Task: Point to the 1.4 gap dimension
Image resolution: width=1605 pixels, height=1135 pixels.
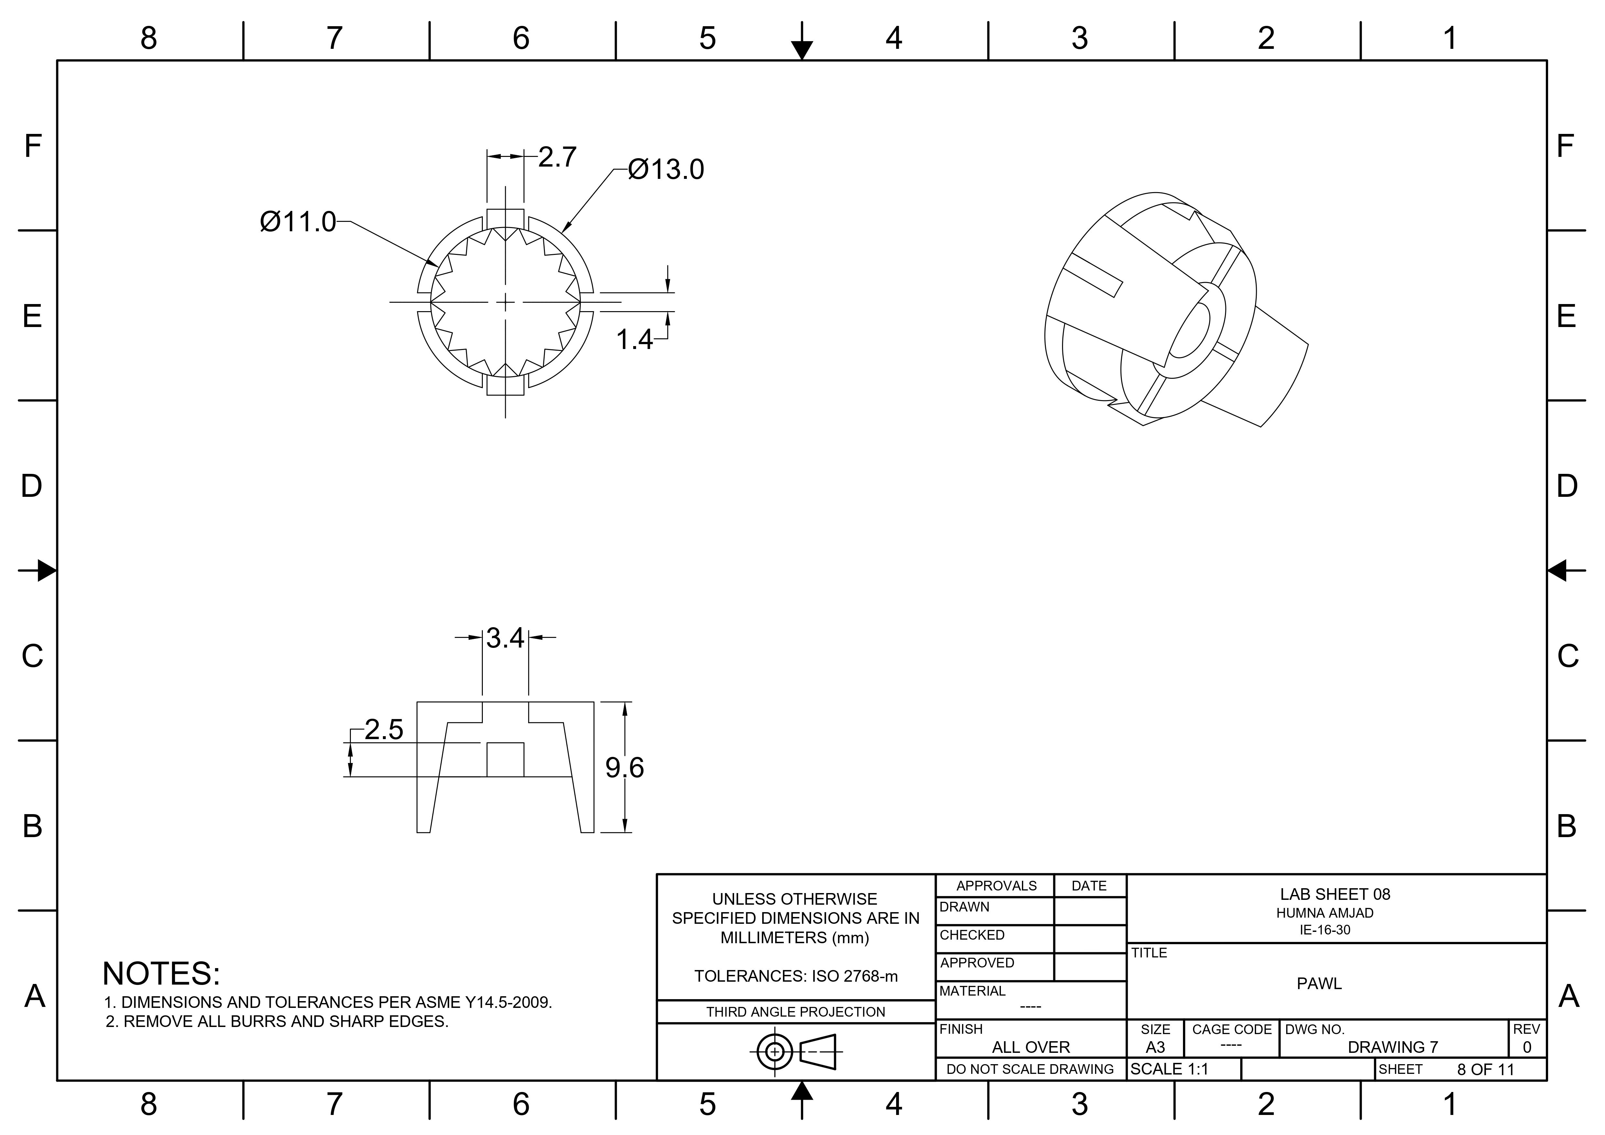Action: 633,340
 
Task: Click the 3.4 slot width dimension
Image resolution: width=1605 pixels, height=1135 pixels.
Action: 505,638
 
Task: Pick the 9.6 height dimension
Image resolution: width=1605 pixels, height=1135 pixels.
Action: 624,768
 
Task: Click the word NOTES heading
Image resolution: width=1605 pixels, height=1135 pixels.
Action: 161,974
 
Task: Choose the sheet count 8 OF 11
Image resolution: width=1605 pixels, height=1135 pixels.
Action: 1485,1069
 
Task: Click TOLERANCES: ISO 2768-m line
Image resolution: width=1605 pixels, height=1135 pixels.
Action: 796,976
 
